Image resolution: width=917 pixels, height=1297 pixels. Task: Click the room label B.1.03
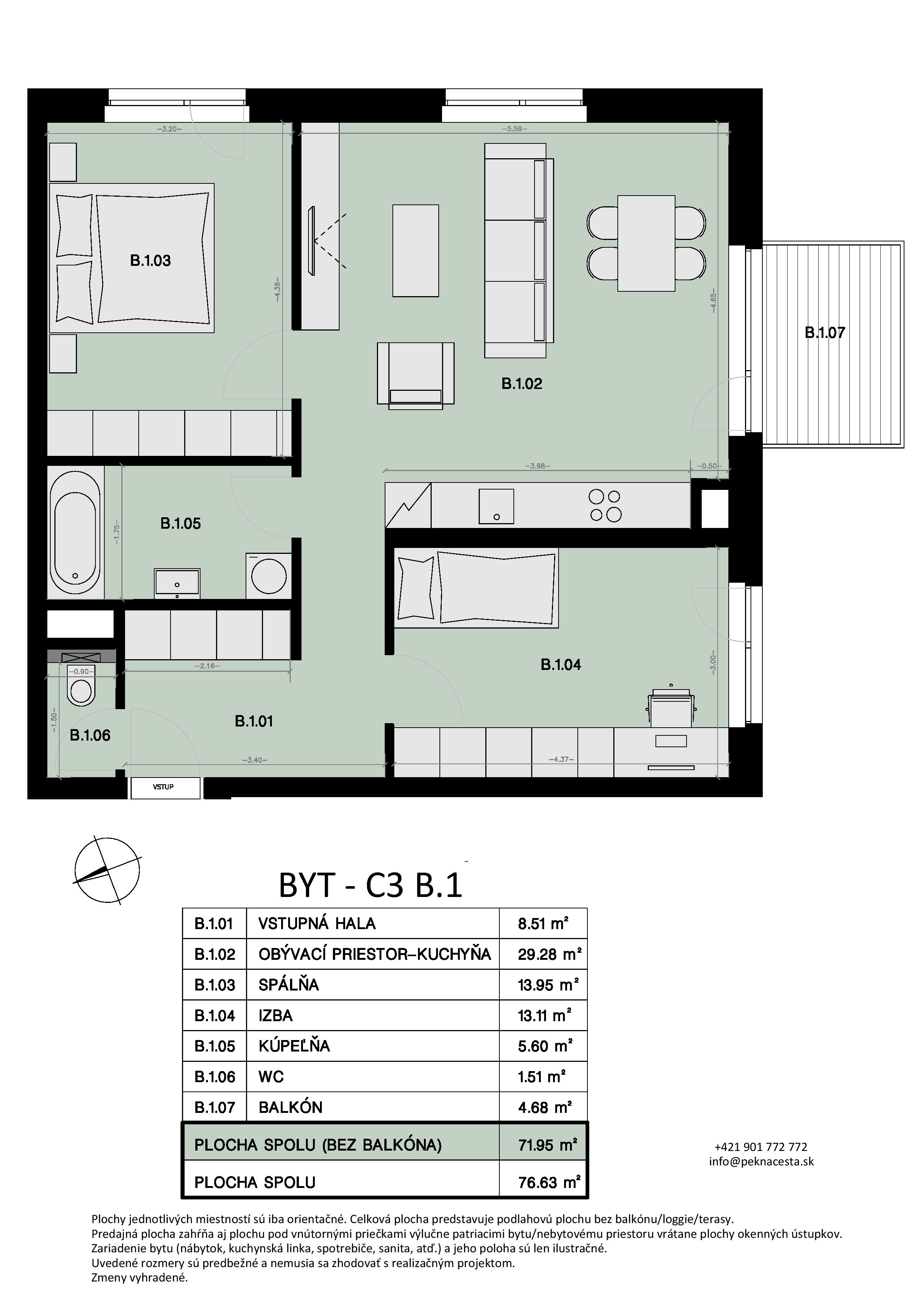[x=150, y=260]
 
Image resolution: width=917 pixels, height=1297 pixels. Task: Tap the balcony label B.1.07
[x=825, y=333]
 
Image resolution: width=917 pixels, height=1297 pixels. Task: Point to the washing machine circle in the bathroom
[x=269, y=576]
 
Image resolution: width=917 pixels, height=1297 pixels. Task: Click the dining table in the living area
[x=646, y=244]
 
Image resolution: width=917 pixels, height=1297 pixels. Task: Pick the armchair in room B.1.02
[x=416, y=373]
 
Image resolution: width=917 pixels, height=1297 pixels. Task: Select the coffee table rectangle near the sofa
[x=416, y=251]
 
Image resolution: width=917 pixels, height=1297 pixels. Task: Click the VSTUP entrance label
[x=163, y=787]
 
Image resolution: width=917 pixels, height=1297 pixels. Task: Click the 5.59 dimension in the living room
[x=514, y=129]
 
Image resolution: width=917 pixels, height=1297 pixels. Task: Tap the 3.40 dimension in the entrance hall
[x=254, y=760]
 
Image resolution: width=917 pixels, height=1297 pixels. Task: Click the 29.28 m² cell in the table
[x=550, y=954]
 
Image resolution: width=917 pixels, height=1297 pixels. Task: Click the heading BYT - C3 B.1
[x=371, y=886]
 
